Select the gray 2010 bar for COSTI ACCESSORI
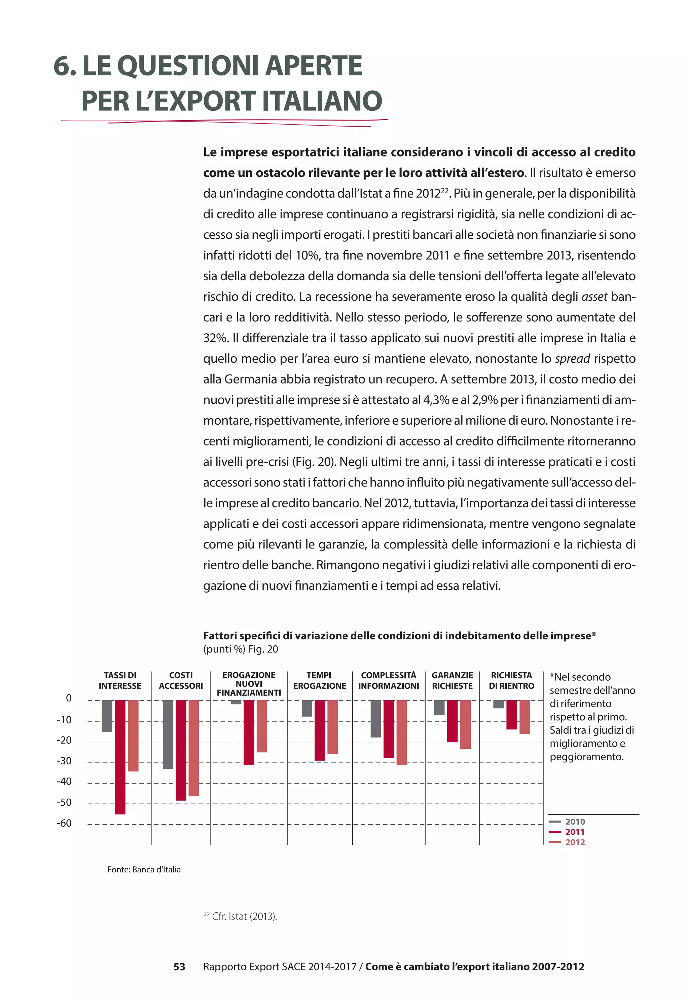[168, 734]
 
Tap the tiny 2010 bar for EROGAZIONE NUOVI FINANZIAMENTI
[236, 702]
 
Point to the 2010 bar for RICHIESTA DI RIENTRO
[498, 704]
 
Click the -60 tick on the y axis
[64, 823]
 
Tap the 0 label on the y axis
[68, 699]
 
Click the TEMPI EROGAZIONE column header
[320, 680]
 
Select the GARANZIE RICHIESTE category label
[452, 680]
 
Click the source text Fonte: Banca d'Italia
[144, 870]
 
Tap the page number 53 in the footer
[179, 967]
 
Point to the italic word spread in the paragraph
[573, 359]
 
